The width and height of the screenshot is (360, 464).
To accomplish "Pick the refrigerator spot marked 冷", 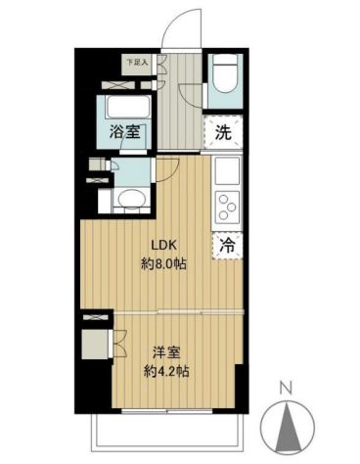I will [x=224, y=247].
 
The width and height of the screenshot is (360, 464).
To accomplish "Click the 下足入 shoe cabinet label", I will [x=137, y=63].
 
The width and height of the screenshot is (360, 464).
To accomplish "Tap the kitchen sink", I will [x=224, y=176].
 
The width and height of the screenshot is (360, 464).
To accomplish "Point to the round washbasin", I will [x=127, y=199].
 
